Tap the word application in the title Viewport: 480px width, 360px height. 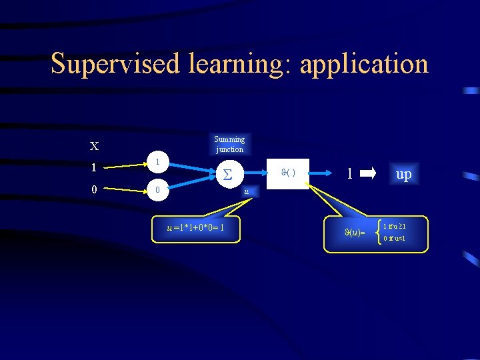[x=364, y=64]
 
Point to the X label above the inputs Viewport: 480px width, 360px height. [x=94, y=146]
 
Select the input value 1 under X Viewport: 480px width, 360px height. [x=94, y=168]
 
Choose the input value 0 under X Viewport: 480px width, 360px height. [x=94, y=189]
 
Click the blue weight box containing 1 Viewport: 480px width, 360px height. [x=157, y=162]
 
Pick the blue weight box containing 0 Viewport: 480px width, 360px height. [x=157, y=190]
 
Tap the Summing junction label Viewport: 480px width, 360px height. [x=229, y=144]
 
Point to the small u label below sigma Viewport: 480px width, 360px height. [x=247, y=192]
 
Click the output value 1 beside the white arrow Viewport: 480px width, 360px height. [x=349, y=174]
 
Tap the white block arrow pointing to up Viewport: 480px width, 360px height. [x=368, y=174]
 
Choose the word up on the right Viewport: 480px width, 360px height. [x=403, y=175]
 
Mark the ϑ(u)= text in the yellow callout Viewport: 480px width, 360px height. [x=354, y=233]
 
